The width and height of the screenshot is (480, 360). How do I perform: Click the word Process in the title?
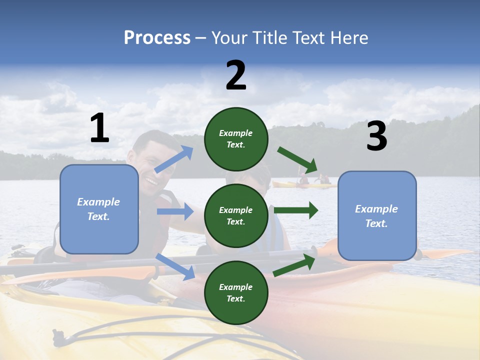pyautogui.click(x=157, y=37)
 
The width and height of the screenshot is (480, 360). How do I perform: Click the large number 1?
pyautogui.click(x=99, y=128)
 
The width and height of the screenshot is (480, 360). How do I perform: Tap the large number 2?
pyautogui.click(x=236, y=75)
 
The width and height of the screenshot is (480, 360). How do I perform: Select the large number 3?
pyautogui.click(x=376, y=136)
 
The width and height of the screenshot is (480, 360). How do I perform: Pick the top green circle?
pyautogui.click(x=236, y=139)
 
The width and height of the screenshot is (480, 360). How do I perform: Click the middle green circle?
pyautogui.click(x=236, y=215)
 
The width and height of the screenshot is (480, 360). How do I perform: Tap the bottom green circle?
pyautogui.click(x=236, y=292)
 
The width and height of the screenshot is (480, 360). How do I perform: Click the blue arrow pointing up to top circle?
pyautogui.click(x=174, y=159)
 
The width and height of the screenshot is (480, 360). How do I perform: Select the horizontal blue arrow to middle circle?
pyautogui.click(x=175, y=211)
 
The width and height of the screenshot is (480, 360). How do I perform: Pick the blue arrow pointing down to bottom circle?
pyautogui.click(x=175, y=266)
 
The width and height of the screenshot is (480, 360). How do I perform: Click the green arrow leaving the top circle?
pyautogui.click(x=298, y=160)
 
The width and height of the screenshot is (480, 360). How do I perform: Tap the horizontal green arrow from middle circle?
pyautogui.click(x=296, y=210)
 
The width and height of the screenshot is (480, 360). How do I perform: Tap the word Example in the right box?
pyautogui.click(x=376, y=209)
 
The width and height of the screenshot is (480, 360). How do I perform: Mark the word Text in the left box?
pyautogui.click(x=98, y=216)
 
